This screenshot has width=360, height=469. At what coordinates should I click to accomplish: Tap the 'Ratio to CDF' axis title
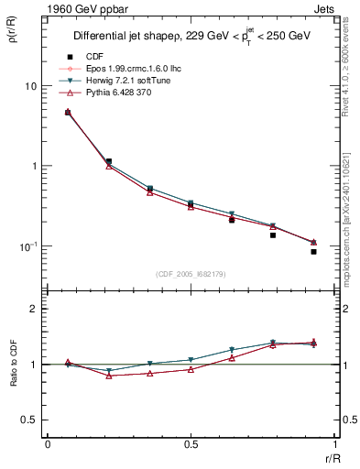click(15, 364)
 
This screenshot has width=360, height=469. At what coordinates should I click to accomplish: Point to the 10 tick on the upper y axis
click(30, 86)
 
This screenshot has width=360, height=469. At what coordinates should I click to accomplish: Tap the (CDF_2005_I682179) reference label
click(191, 273)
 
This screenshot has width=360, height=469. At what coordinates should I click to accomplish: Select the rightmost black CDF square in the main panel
click(313, 251)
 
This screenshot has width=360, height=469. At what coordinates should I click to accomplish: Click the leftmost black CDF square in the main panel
click(68, 113)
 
